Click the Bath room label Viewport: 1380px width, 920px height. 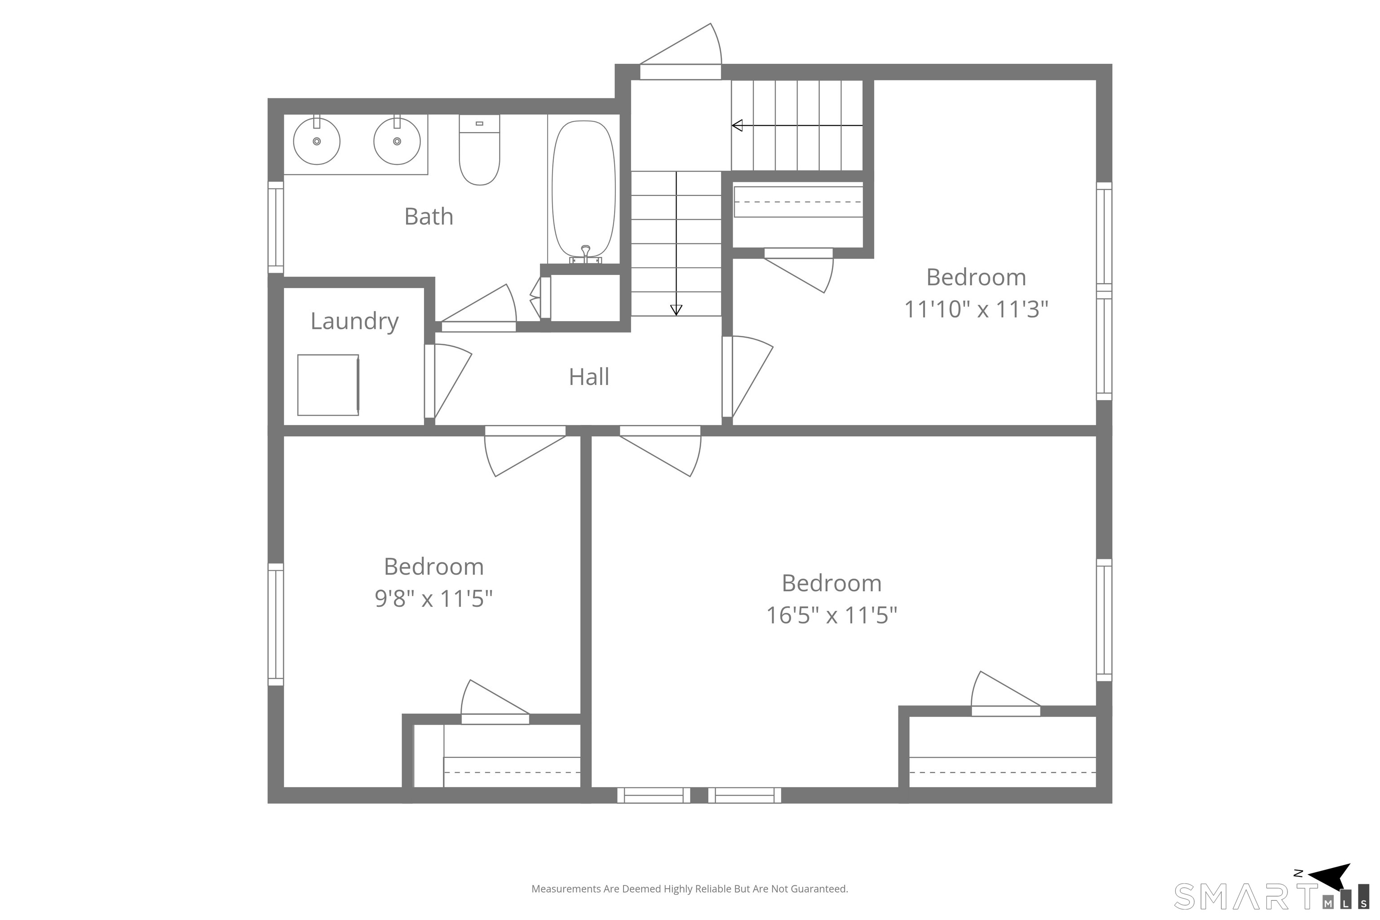(429, 217)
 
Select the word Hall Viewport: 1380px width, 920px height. (589, 377)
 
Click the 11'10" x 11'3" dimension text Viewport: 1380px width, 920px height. (976, 309)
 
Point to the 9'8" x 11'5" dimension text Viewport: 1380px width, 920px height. (433, 599)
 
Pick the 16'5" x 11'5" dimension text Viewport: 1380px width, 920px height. (832, 615)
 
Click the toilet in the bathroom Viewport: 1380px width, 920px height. (479, 150)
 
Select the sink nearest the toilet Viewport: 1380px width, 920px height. (397, 141)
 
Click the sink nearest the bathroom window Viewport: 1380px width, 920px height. (317, 141)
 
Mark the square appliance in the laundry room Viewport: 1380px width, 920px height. (328, 385)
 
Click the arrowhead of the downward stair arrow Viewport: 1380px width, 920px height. (677, 310)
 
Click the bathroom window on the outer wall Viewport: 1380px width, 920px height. (276, 227)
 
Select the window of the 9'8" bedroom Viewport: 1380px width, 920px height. (276, 624)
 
